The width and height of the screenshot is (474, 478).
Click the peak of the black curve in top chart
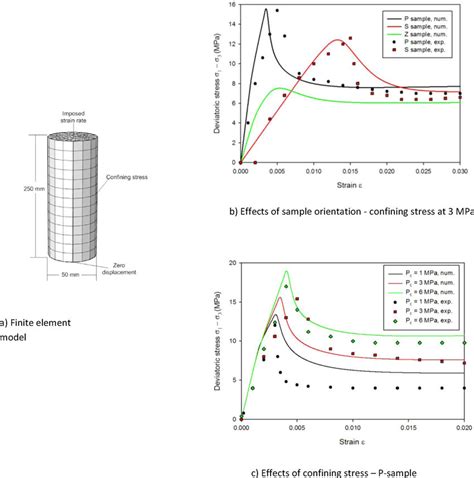[x=266, y=9]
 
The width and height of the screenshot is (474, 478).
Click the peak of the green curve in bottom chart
[x=287, y=271]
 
